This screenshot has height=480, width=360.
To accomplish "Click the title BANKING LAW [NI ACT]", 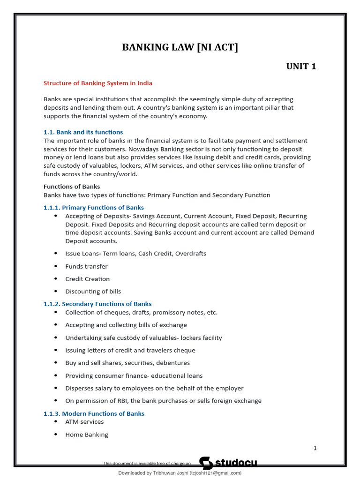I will click(180, 47).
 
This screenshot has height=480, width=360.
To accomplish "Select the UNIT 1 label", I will click(301, 66).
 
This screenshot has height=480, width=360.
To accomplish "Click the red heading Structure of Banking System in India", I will click(98, 83).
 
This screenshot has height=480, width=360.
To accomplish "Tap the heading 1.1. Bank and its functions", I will click(83, 132).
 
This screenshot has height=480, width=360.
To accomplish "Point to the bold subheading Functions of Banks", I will click(72, 187).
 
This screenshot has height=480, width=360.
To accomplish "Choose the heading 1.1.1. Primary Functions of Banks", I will click(94, 207).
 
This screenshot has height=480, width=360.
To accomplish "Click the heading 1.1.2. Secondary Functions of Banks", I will click(97, 304).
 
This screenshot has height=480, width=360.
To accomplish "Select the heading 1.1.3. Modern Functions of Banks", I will click(94, 413).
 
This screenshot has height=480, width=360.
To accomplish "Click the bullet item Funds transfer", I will click(86, 266).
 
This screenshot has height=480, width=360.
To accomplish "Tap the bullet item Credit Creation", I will click(87, 279).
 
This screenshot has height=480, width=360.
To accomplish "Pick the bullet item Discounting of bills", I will click(93, 292).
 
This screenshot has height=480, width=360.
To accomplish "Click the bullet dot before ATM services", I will click(56, 422).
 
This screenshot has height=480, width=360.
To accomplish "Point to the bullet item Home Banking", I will click(87, 435).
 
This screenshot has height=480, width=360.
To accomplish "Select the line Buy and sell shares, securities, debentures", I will click(127, 363).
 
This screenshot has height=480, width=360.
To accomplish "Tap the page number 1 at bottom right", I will click(315, 448).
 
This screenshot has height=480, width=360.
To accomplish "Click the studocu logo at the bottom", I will click(228, 463).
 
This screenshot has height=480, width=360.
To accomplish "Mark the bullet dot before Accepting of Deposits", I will click(56, 216).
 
